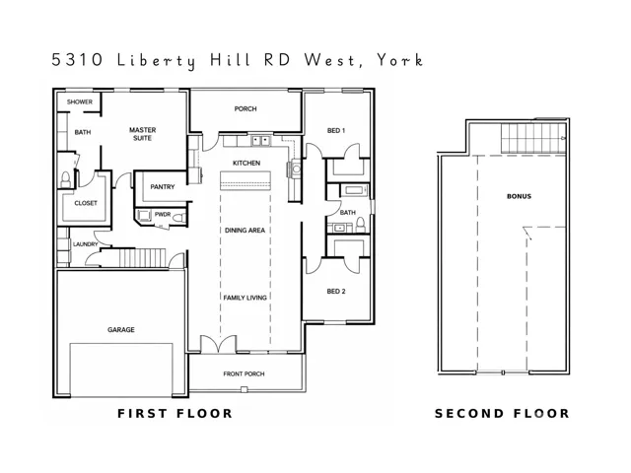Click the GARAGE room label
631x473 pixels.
click(x=120, y=330)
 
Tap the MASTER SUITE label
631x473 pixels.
click(x=142, y=134)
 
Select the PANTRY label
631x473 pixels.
click(x=162, y=187)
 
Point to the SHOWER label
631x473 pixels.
click(x=80, y=102)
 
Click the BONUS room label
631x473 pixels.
click(x=519, y=196)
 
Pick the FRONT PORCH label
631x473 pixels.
click(x=244, y=374)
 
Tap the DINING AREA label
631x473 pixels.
click(x=245, y=231)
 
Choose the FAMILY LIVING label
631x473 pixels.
click(x=245, y=298)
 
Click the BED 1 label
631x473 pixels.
click(x=336, y=131)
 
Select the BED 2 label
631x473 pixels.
click(x=336, y=292)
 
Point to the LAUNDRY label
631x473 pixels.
click(x=86, y=244)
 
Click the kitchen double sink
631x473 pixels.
click(x=261, y=141)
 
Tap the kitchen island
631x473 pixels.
click(x=245, y=180)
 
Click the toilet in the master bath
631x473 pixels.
click(x=66, y=179)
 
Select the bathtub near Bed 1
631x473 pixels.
click(x=355, y=190)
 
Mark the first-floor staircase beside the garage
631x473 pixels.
click(x=142, y=257)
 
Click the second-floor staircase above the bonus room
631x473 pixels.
click(x=533, y=138)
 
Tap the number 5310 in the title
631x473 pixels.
click(x=77, y=60)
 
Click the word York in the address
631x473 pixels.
click(x=400, y=60)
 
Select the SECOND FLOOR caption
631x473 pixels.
click(x=502, y=414)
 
